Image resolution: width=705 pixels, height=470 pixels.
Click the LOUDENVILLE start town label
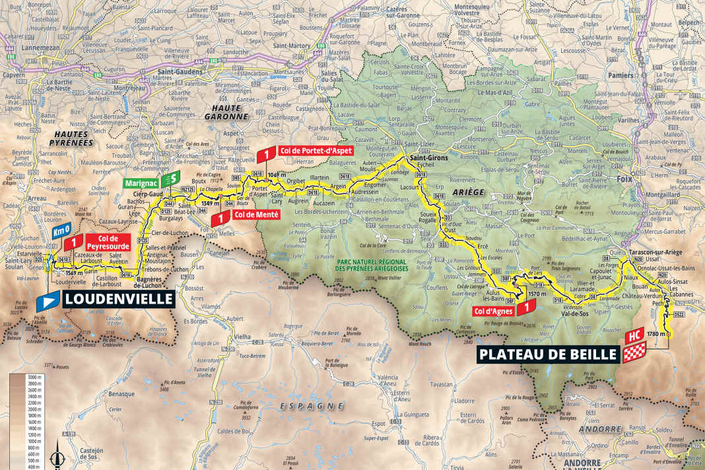tap(118, 300)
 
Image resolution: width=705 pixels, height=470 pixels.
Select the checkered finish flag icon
tap(631, 354)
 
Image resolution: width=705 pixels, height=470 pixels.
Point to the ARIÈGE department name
tap(469, 192)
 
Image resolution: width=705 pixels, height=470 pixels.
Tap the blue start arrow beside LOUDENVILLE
tap(49, 300)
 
